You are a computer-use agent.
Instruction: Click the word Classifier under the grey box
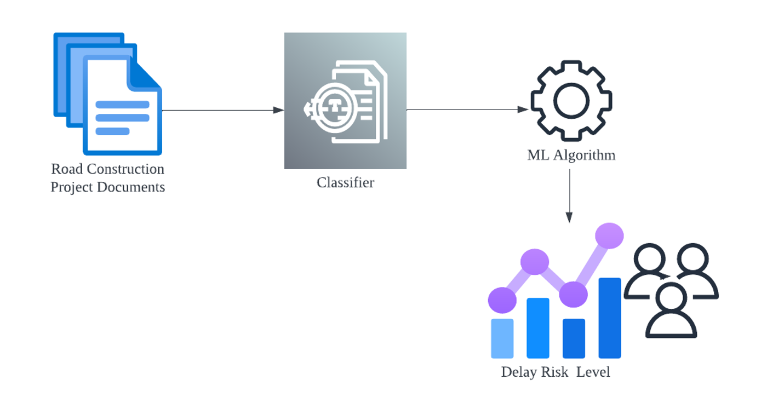tap(345, 183)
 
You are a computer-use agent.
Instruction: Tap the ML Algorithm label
tap(571, 156)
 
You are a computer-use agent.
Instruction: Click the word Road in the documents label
tap(67, 169)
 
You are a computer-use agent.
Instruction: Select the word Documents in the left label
tap(131, 187)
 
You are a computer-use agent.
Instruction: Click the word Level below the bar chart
tap(593, 372)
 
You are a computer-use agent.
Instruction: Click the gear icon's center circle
tap(571, 101)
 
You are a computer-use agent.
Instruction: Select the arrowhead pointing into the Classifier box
tap(279, 110)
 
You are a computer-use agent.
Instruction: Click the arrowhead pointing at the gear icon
tap(523, 110)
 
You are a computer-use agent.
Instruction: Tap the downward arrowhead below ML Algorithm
tap(569, 217)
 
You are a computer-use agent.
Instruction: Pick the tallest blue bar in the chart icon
tap(609, 318)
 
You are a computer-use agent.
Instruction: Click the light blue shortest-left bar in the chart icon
tap(502, 338)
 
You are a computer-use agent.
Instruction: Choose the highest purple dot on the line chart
tap(609, 235)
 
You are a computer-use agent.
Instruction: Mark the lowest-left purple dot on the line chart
tap(502, 300)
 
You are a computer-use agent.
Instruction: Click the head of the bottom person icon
tap(671, 298)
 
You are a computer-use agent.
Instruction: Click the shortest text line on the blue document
tap(112, 131)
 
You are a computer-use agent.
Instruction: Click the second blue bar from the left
tap(537, 328)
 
